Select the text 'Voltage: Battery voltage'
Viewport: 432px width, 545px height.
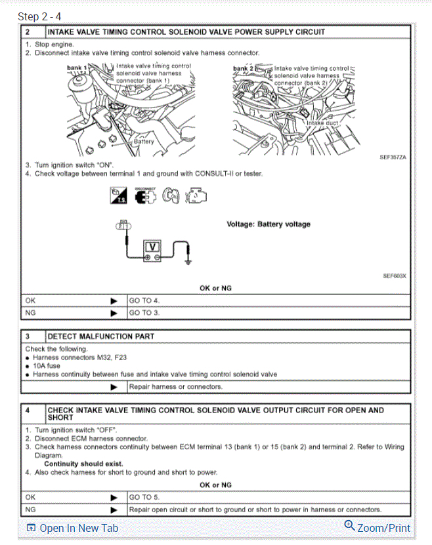[x=269, y=224]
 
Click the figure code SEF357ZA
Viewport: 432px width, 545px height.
[x=393, y=158]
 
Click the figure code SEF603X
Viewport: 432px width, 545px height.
[x=394, y=276]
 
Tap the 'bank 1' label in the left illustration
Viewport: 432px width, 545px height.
[x=77, y=68]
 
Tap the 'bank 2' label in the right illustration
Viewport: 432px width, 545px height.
[x=242, y=68]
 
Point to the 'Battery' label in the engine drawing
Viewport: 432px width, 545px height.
[x=144, y=141]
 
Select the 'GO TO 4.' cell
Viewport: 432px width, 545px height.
[x=144, y=300]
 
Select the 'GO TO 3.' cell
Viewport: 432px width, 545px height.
[x=144, y=313]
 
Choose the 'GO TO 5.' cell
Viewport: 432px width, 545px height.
[x=144, y=497]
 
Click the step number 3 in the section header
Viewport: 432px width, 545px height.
[x=28, y=336]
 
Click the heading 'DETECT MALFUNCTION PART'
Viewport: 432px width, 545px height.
[x=100, y=336]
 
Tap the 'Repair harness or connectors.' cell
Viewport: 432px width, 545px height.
[x=175, y=386]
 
